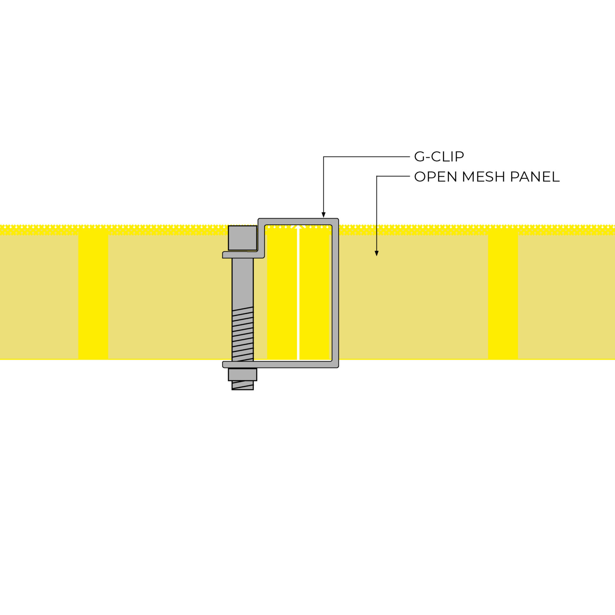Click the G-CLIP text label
coord(439,157)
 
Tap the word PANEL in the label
coord(535,177)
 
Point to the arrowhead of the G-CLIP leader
coord(324,215)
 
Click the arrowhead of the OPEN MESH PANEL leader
coord(377,253)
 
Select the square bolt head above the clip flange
coord(242,238)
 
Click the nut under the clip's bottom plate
coord(242,375)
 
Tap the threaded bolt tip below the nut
coord(242,385)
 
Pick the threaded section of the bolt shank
coord(242,334)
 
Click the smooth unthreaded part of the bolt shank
coord(242,282)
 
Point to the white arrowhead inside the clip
coord(299,227)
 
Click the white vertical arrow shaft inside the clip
coord(299,293)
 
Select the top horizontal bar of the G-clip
coord(298,222)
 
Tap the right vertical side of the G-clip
coord(335,293)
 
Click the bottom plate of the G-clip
coord(281,365)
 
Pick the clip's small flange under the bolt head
coord(243,255)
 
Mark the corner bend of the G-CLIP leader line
coord(324,157)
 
